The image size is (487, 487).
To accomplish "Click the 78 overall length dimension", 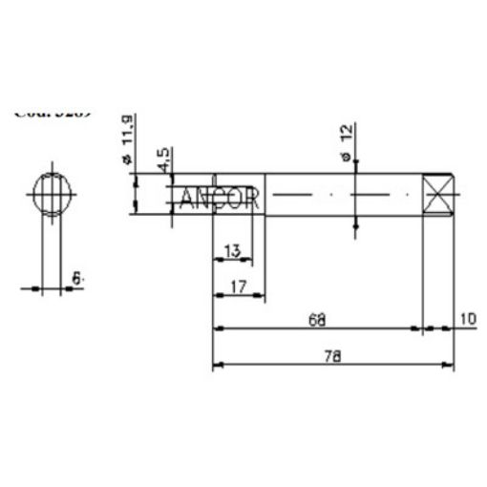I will click(332, 356).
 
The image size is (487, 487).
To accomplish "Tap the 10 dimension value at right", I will click(467, 318).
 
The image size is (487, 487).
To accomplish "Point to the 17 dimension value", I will click(238, 285).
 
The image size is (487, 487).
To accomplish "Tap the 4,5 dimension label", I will click(165, 159).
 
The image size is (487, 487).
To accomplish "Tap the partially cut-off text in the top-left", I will click(53, 111).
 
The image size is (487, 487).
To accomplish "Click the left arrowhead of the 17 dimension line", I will click(216, 295).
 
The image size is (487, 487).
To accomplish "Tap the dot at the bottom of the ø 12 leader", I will click(355, 227).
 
